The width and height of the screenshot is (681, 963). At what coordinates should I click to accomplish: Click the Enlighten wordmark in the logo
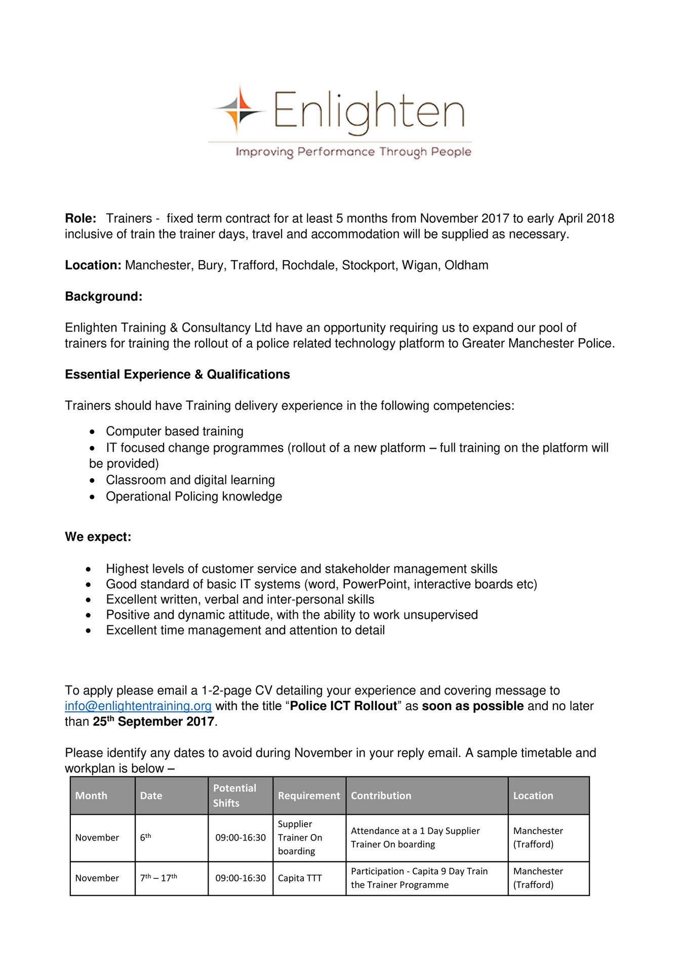click(x=369, y=111)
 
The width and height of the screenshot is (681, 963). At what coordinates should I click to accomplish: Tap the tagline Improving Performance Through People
click(x=353, y=152)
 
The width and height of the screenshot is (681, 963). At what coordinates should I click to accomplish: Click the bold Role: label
click(x=81, y=218)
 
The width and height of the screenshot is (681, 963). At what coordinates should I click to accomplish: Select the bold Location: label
click(x=93, y=265)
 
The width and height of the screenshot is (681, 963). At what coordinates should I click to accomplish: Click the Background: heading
click(x=104, y=296)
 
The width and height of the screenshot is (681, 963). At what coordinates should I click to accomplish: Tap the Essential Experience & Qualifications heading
click(x=177, y=374)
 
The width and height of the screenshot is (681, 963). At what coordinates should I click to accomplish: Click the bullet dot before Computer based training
click(x=92, y=432)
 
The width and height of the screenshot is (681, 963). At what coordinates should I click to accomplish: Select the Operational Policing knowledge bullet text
click(x=194, y=496)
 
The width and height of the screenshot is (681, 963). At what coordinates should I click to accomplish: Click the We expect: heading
click(x=98, y=537)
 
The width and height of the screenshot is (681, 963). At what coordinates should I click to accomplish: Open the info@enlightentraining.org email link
click(x=138, y=706)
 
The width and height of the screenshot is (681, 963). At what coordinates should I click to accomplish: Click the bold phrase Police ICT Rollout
click(x=343, y=706)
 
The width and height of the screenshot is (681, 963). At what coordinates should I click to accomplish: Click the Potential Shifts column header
click(x=234, y=795)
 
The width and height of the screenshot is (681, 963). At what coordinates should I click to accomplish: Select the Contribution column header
click(x=381, y=795)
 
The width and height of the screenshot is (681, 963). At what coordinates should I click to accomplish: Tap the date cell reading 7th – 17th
click(x=158, y=878)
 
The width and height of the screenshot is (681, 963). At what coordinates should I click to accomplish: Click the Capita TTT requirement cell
click(x=300, y=878)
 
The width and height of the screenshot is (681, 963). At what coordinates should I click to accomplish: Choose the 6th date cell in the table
click(x=145, y=837)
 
